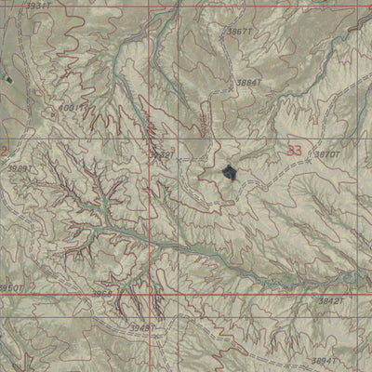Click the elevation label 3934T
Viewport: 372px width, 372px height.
pos(37,6)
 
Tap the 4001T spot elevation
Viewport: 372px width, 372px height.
pos(72,108)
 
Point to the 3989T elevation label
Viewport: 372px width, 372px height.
pos(20,168)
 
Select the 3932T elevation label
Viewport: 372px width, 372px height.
pos(161,154)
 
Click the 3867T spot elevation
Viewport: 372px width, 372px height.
pos(239,32)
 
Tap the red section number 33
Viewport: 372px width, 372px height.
pos(295,151)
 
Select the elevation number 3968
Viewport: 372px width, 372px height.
pos(102,294)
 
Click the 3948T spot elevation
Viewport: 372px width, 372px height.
pos(142,327)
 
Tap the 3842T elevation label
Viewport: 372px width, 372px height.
pos(331,301)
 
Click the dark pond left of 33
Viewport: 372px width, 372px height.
pos(230,172)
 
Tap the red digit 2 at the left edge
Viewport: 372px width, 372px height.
pos(4,151)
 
